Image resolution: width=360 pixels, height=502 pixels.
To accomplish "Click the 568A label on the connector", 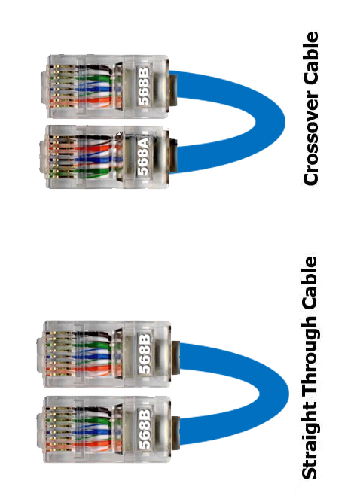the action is (143, 157).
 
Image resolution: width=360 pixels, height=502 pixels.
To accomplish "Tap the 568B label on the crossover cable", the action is (143, 86).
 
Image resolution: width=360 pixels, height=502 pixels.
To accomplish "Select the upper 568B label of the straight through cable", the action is (145, 354).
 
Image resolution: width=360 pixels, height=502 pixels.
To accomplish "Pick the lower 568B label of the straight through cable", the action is (145, 429).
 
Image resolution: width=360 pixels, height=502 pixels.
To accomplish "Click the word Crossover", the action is (310, 138).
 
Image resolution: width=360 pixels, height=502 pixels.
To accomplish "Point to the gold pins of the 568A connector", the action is (56, 157).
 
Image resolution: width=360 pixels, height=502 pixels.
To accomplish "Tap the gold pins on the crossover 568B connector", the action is (56, 87).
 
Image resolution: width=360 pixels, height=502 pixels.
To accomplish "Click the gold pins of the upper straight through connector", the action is (53, 354).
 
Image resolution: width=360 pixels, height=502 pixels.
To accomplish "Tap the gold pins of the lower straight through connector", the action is (53, 429).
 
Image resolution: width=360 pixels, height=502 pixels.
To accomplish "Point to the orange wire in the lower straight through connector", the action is (96, 444).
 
